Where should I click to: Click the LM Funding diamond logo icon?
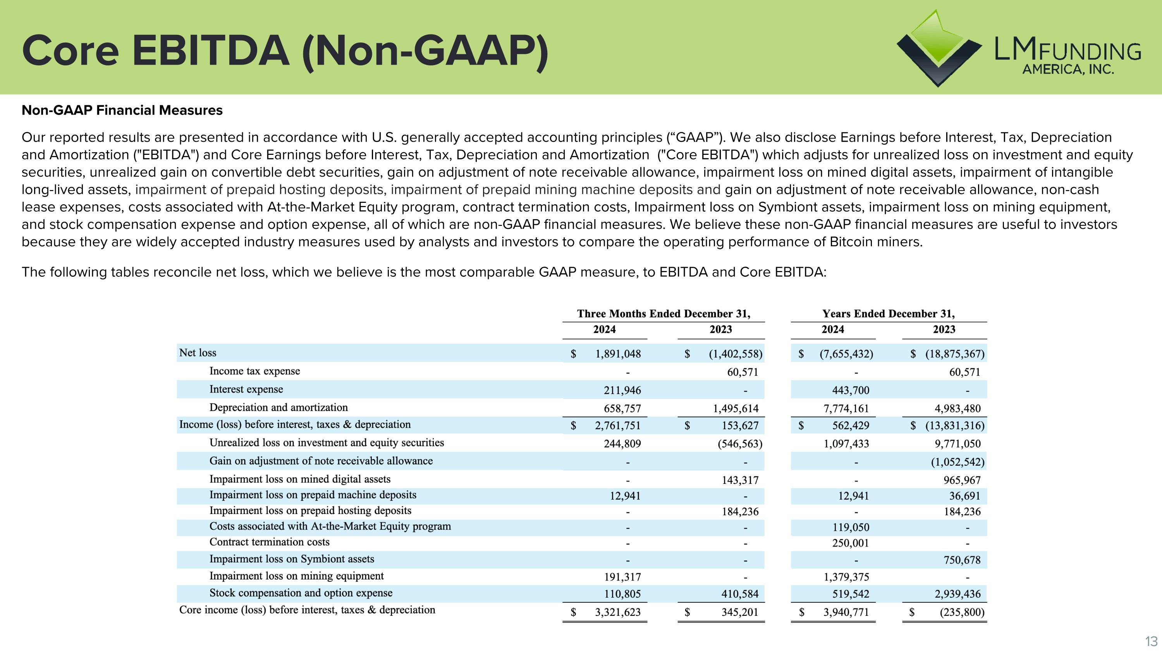(x=938, y=49)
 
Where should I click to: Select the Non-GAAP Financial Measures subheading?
(x=122, y=110)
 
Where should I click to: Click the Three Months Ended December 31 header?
(x=664, y=314)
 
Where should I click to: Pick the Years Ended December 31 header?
(x=888, y=314)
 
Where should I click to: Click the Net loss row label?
(x=198, y=353)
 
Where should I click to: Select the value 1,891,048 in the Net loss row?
(x=617, y=354)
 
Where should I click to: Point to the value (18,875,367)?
(x=954, y=354)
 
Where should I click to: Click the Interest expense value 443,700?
(x=850, y=390)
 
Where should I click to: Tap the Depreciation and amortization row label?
(x=278, y=407)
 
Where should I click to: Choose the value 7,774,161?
(x=846, y=409)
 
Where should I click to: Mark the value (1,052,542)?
(x=957, y=462)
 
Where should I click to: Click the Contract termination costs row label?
(x=269, y=542)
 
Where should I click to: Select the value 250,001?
(x=850, y=543)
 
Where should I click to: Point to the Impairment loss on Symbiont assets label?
(x=291, y=559)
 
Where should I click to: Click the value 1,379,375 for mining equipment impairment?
(x=846, y=577)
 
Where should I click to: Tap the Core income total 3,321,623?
(x=617, y=612)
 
